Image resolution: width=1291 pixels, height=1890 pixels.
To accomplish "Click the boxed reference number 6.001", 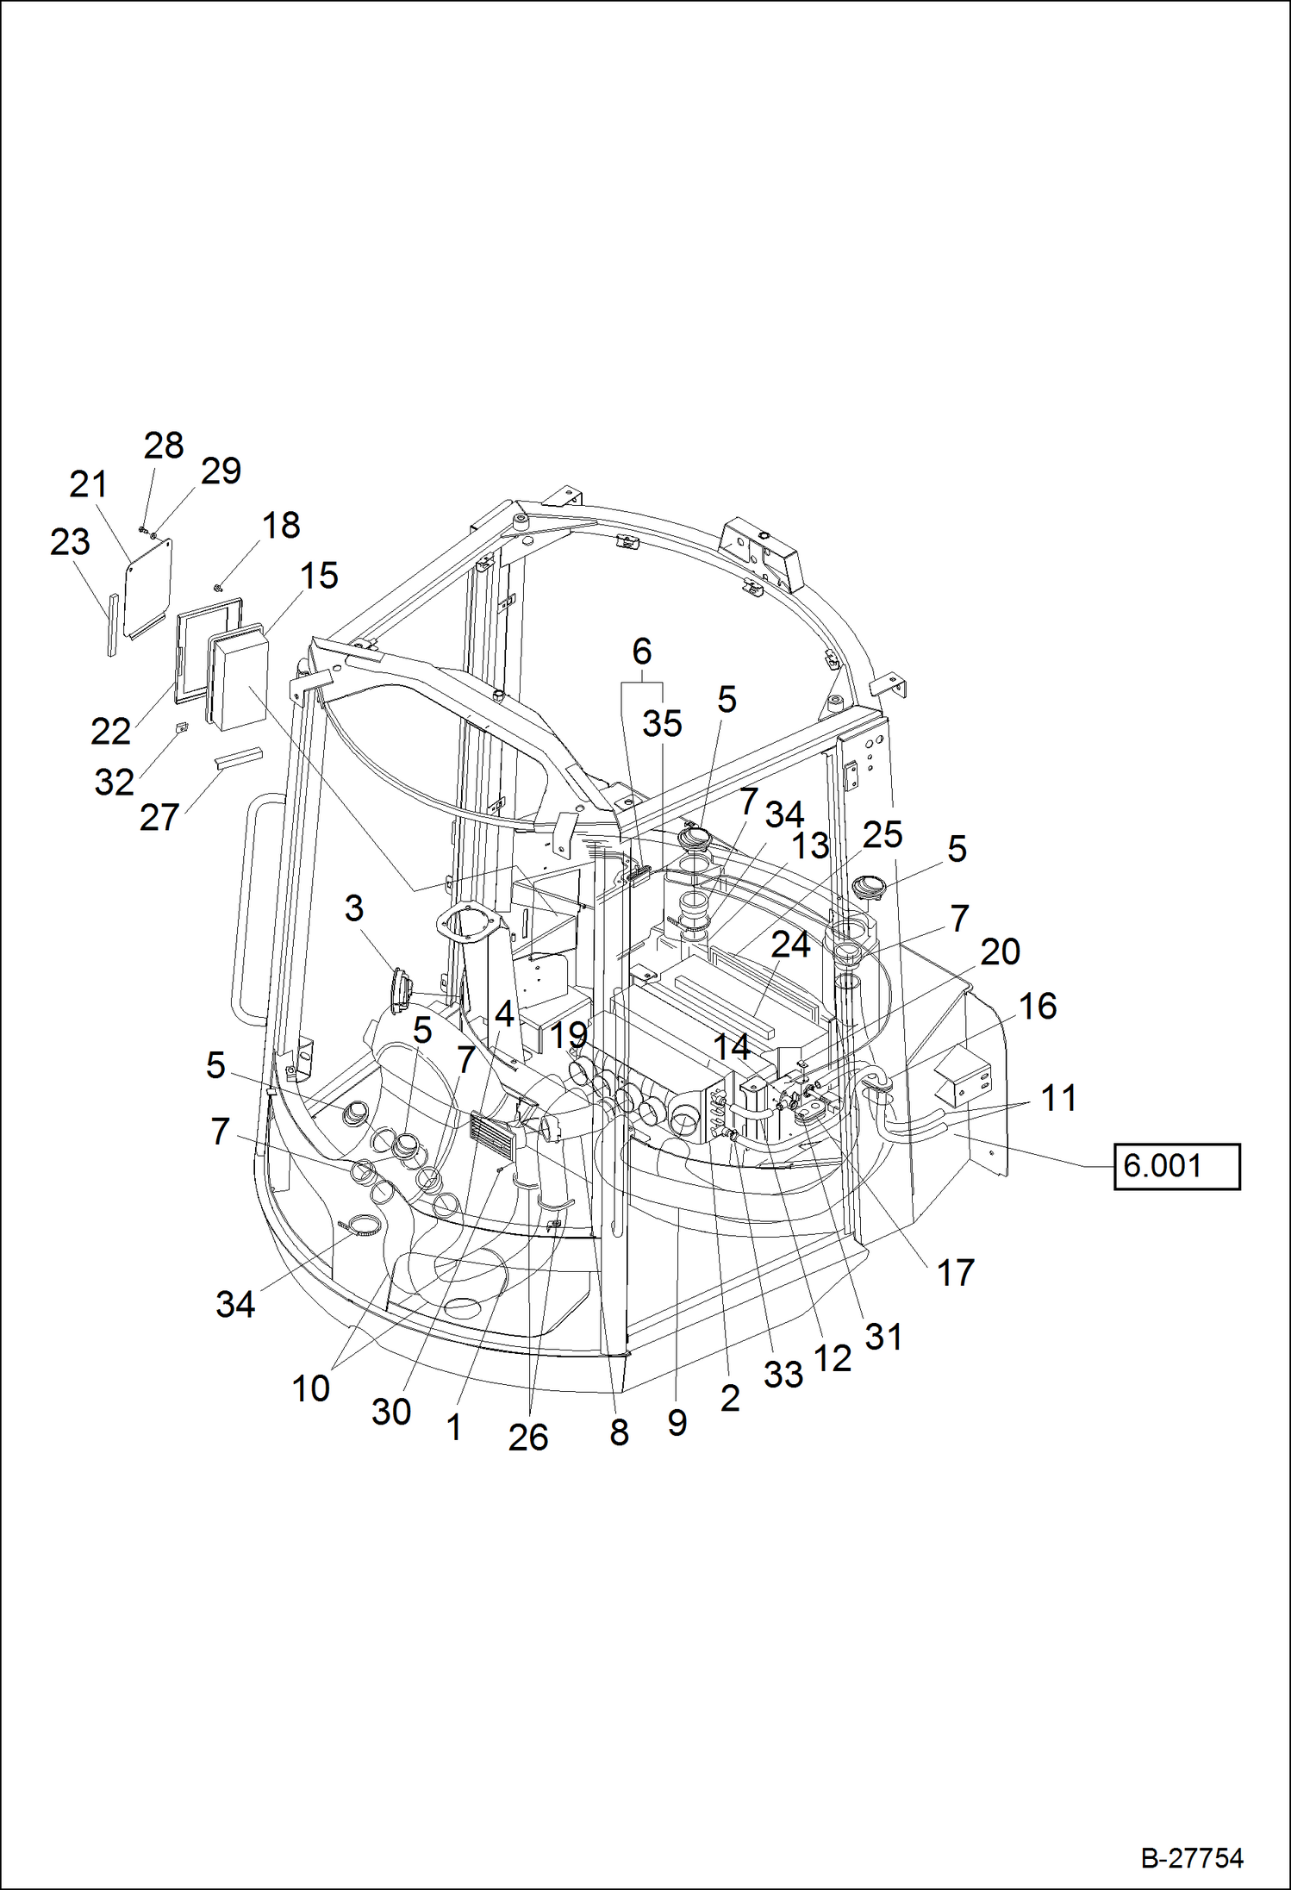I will (x=1176, y=1166).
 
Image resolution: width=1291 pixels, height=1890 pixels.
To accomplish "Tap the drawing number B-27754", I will (x=1192, y=1858).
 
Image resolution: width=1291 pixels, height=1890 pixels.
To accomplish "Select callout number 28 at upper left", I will (x=164, y=446).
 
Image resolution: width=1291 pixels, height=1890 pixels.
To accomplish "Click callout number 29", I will (x=221, y=471).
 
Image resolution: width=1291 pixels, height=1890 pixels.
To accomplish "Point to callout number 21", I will (x=88, y=484).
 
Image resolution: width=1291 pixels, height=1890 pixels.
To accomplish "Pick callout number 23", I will (x=70, y=542).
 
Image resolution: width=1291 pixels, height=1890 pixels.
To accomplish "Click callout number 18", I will (x=281, y=525).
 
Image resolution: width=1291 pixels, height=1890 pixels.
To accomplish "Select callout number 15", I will (x=319, y=576).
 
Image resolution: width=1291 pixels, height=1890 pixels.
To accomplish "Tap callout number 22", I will (x=110, y=732).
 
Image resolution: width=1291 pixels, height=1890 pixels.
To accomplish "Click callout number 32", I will (x=114, y=783).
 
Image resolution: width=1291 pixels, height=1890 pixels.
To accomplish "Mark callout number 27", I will (x=159, y=818).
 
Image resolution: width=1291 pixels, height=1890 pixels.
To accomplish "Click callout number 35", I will (x=662, y=724).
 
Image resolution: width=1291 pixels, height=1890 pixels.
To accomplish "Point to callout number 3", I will (x=354, y=908).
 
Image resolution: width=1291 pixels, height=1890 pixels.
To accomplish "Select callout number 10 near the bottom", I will (x=310, y=1388).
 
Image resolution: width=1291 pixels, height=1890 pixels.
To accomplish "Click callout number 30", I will (x=391, y=1412).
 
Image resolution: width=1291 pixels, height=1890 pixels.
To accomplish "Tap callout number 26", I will (x=528, y=1438).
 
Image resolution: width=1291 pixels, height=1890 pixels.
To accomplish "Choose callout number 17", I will (x=955, y=1273).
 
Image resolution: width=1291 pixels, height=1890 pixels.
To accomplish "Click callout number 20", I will (x=1000, y=952).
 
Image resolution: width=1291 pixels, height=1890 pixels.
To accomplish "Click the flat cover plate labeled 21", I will (x=149, y=586).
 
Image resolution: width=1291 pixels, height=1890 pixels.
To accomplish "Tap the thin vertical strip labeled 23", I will (x=112, y=624).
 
